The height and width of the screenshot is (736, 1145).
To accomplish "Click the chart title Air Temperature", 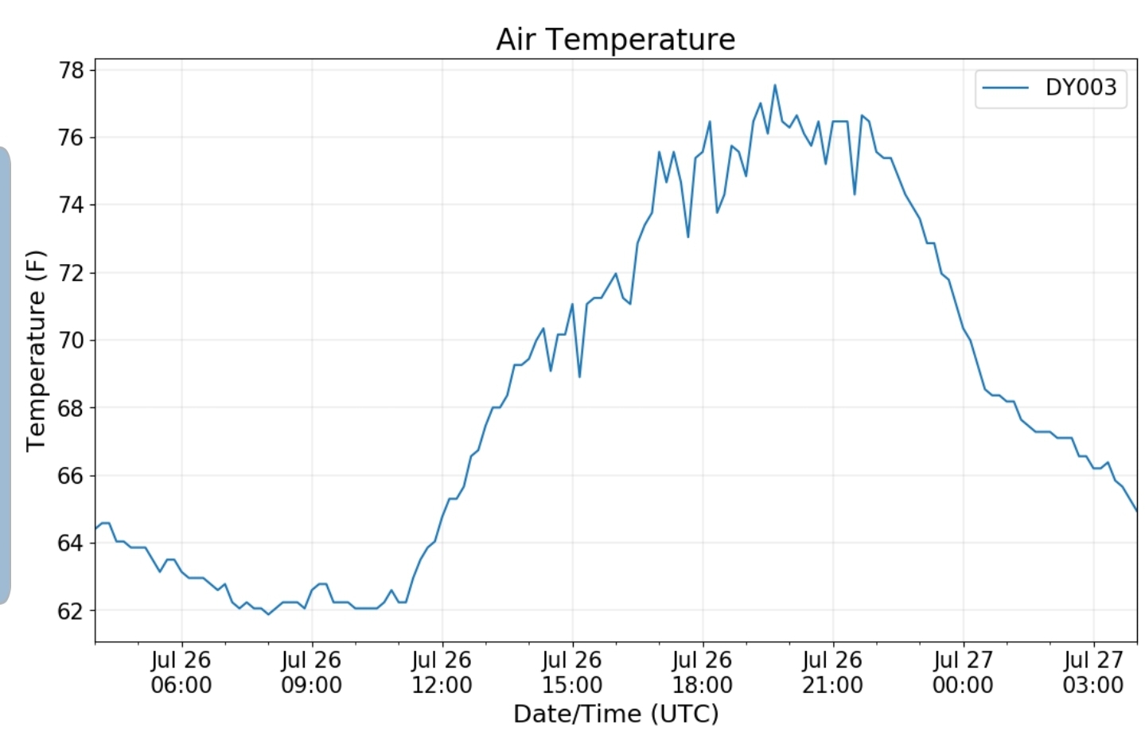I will click(x=615, y=39).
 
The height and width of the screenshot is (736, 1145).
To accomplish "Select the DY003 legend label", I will click(x=1081, y=87).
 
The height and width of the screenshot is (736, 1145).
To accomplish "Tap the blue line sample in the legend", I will click(x=1005, y=87).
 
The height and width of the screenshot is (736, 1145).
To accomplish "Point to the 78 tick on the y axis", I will click(x=72, y=70).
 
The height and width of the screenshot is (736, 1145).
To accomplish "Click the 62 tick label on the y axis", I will click(x=72, y=610).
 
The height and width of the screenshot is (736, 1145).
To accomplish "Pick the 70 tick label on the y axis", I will click(x=72, y=341).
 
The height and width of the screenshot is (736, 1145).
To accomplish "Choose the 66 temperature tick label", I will click(x=72, y=476).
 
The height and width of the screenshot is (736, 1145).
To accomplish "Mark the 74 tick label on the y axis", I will click(x=72, y=205).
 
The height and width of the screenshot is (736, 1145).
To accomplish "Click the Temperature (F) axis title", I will click(x=36, y=350).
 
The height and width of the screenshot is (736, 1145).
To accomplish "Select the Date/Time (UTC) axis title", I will click(x=616, y=714).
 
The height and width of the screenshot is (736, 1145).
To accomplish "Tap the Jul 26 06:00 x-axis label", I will click(x=181, y=672).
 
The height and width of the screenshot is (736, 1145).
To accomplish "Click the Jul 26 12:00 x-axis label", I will click(x=442, y=672).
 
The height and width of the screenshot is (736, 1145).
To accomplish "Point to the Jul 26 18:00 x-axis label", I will click(x=702, y=672).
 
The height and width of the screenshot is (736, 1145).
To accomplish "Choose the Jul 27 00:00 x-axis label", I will click(x=963, y=672).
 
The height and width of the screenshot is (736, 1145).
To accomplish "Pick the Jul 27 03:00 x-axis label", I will click(x=1092, y=672).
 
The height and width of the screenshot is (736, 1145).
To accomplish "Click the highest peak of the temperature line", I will click(x=775, y=85).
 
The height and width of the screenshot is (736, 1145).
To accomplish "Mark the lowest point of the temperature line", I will click(x=268, y=614).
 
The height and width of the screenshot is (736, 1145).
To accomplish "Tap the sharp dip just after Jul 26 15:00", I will click(x=579, y=376).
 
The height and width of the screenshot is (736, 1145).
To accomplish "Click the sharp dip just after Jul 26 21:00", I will click(x=855, y=194).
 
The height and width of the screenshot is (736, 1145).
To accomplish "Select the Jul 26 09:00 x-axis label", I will click(x=311, y=672).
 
